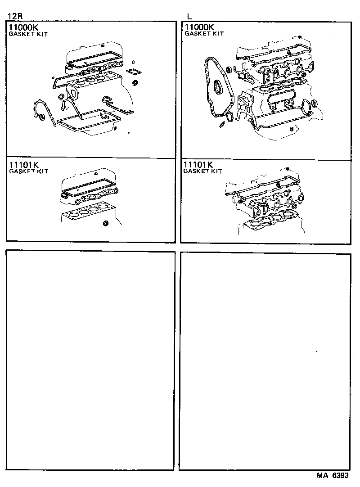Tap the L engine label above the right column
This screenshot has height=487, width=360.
[189, 16]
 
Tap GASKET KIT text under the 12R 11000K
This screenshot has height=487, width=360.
[28, 34]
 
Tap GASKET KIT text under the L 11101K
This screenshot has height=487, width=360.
[203, 171]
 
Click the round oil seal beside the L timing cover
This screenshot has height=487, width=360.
[229, 70]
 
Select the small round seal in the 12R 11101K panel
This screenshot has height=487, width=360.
[106, 224]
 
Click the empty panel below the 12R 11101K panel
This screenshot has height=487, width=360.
[90, 360]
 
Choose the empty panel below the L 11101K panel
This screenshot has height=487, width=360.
[265, 360]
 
